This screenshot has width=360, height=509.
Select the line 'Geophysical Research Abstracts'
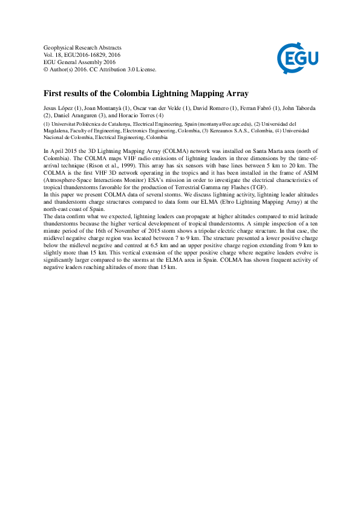[x=83, y=47]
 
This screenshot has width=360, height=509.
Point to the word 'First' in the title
[x=53, y=94]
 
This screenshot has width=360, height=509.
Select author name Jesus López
[x=59, y=108]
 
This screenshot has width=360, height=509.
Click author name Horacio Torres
[x=134, y=115]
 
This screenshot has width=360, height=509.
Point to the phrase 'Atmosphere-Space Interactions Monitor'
[x=95, y=179]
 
